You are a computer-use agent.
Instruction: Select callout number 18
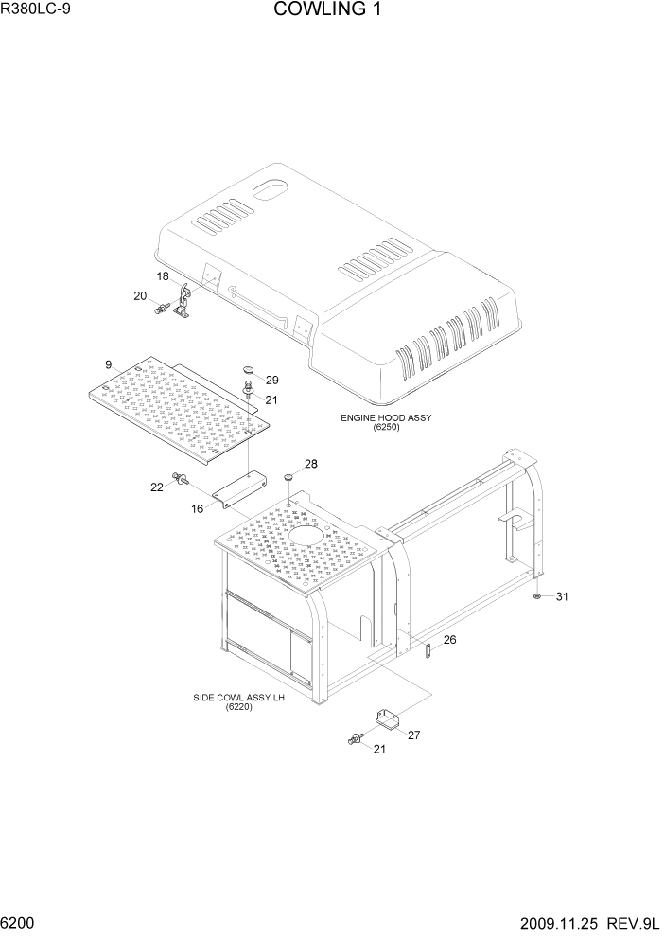[x=163, y=276]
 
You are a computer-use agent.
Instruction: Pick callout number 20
[x=140, y=296]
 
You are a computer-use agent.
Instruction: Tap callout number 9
[x=108, y=363]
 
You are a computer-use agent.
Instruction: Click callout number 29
[x=272, y=380]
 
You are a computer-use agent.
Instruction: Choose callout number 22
[x=157, y=487]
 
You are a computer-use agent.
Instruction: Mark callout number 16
[x=198, y=508]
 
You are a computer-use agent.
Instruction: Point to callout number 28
[x=310, y=464]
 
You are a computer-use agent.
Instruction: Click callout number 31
[x=562, y=596]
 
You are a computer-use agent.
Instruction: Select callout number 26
[x=449, y=640]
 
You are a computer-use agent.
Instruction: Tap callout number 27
[x=412, y=734]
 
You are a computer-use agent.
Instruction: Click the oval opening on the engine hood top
[x=272, y=188]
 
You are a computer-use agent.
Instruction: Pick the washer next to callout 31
[x=536, y=596]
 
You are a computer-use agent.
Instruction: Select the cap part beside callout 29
[x=250, y=369]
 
